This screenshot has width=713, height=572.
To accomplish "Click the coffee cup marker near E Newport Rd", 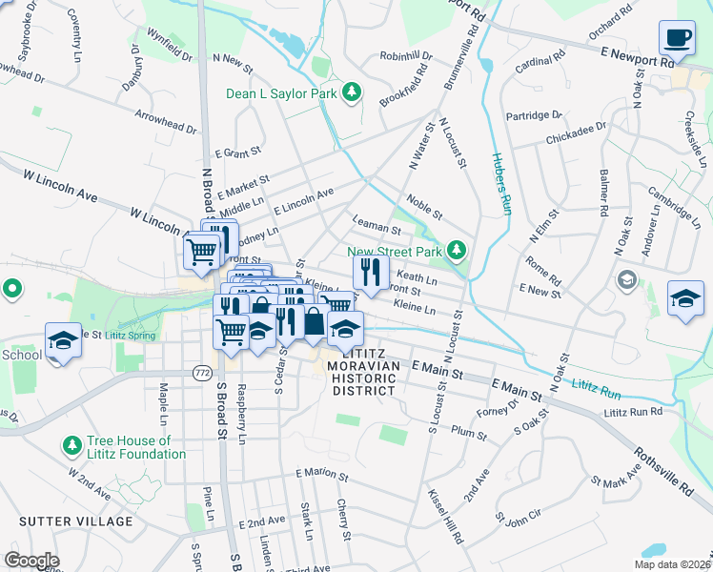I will tap(677, 38).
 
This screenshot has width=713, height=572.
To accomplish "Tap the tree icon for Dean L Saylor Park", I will tap(353, 92).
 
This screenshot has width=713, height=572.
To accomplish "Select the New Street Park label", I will tap(397, 252).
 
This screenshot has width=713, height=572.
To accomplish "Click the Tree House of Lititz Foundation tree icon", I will tap(71, 445).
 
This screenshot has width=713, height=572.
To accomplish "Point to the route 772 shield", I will tap(201, 370).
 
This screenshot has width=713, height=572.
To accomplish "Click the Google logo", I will tap(31, 561).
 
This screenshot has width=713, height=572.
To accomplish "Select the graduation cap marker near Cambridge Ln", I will tap(686, 299).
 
